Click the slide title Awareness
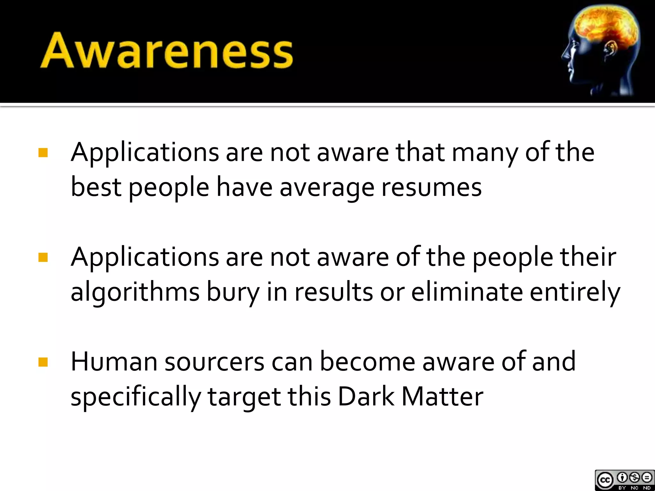(166, 51)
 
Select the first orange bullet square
(43, 152)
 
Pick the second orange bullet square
(43, 257)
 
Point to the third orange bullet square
(43, 362)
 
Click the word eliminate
(467, 292)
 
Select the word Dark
(366, 396)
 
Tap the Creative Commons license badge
(624, 480)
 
